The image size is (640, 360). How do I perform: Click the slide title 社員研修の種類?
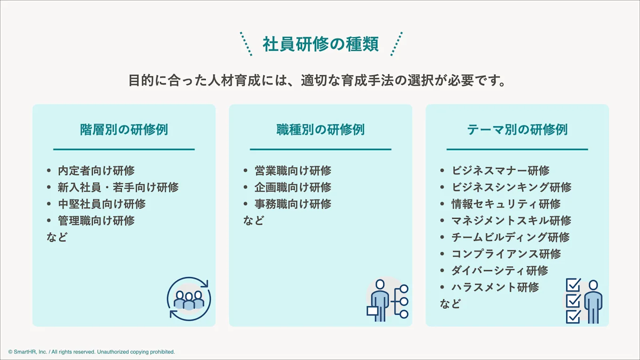(320, 44)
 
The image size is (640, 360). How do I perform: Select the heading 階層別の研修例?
(124, 129)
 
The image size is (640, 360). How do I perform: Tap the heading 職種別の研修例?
(320, 129)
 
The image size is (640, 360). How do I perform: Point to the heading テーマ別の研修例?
(517, 129)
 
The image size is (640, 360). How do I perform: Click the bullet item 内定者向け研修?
(96, 171)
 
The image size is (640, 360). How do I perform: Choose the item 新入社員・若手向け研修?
(118, 187)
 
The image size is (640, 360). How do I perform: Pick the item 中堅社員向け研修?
(102, 204)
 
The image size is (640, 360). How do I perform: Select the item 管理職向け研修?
(96, 220)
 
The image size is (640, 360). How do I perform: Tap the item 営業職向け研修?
(293, 171)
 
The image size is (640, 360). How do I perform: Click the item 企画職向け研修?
(293, 187)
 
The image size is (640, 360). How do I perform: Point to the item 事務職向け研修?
(293, 204)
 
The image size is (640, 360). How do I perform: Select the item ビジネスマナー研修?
(500, 171)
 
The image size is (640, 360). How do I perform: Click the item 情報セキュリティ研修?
(506, 204)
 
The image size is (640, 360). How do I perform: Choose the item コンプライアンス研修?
(506, 254)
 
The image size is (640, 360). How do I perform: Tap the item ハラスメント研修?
(495, 287)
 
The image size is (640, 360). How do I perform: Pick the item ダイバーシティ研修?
(500, 271)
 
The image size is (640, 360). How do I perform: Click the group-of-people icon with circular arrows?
(189, 299)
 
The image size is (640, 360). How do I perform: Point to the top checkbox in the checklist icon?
(573, 285)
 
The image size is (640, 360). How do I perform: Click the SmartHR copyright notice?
(91, 352)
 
